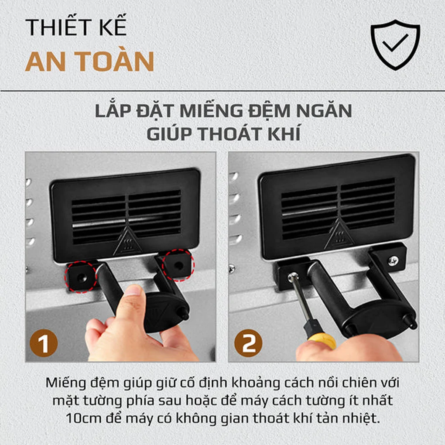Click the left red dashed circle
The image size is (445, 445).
tap(81, 277)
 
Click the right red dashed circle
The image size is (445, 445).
tap(178, 265)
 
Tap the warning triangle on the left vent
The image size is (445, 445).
tap(127, 242)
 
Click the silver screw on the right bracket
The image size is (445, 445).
tap(393, 261)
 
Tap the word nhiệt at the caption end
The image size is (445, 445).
tap(361, 418)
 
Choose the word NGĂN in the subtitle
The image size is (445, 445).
tap(321, 111)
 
